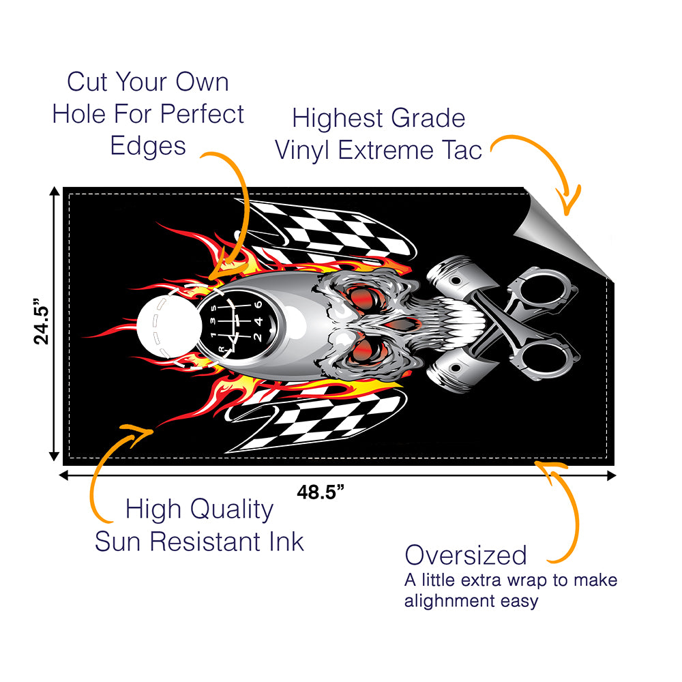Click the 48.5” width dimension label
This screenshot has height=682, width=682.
(x=320, y=492)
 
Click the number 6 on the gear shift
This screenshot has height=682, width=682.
(x=258, y=305)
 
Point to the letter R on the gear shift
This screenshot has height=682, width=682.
(x=221, y=349)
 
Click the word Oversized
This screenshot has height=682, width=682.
(x=466, y=555)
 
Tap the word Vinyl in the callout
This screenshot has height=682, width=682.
(x=303, y=150)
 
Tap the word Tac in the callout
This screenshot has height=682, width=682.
(x=464, y=150)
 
